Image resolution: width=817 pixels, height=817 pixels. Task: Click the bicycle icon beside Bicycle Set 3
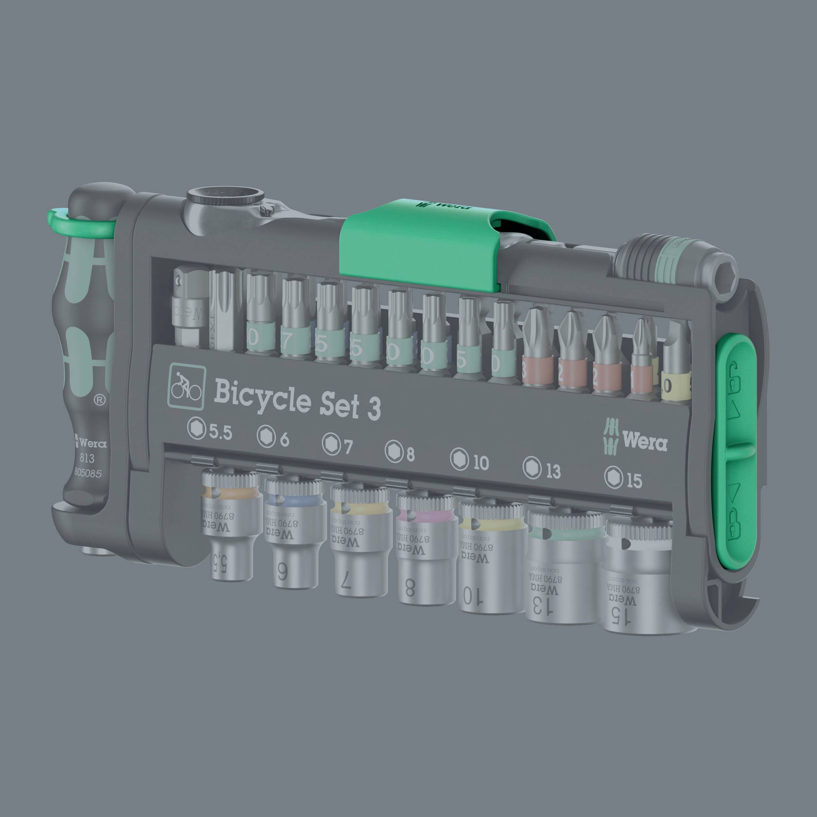(x=187, y=387)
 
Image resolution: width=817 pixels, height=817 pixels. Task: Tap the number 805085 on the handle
(x=88, y=473)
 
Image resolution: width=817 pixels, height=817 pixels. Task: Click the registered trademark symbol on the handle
(x=99, y=400)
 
